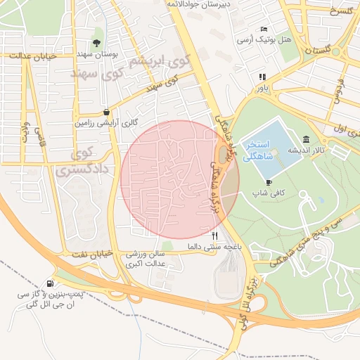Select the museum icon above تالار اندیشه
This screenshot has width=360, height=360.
[307, 139]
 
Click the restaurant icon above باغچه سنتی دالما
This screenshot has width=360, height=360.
[215, 236]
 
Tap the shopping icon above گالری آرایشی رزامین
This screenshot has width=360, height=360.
[106, 111]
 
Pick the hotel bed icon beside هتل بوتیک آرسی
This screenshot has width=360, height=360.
[264, 29]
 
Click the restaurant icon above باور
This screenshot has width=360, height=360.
[262, 77]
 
